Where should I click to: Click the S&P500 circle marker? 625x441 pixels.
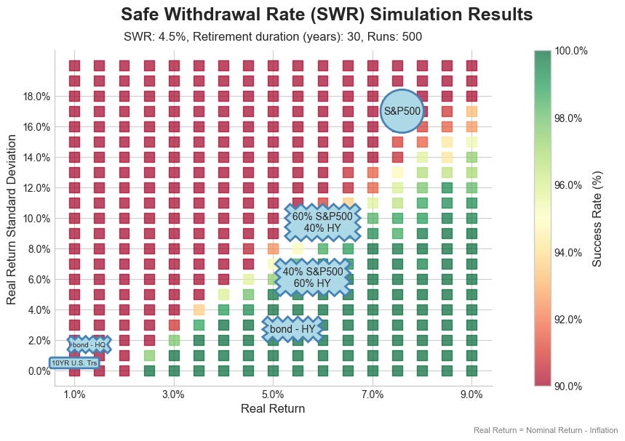(402, 111)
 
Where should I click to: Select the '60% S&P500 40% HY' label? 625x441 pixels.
(322, 222)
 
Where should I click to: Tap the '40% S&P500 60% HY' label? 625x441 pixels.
(313, 277)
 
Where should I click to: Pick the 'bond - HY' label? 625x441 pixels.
(292, 329)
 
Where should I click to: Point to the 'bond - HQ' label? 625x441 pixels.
(89, 344)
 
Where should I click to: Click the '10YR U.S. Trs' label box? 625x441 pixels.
(74, 363)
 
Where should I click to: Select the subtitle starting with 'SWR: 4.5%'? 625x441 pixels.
(273, 36)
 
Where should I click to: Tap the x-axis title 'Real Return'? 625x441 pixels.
(273, 409)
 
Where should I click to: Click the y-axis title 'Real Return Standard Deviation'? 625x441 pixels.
(12, 218)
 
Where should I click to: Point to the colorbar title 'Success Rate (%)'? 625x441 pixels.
(597, 218)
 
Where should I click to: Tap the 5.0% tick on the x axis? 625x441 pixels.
(273, 395)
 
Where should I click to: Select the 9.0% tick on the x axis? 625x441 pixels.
(471, 395)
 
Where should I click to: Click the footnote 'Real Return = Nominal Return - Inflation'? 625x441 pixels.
(546, 430)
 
